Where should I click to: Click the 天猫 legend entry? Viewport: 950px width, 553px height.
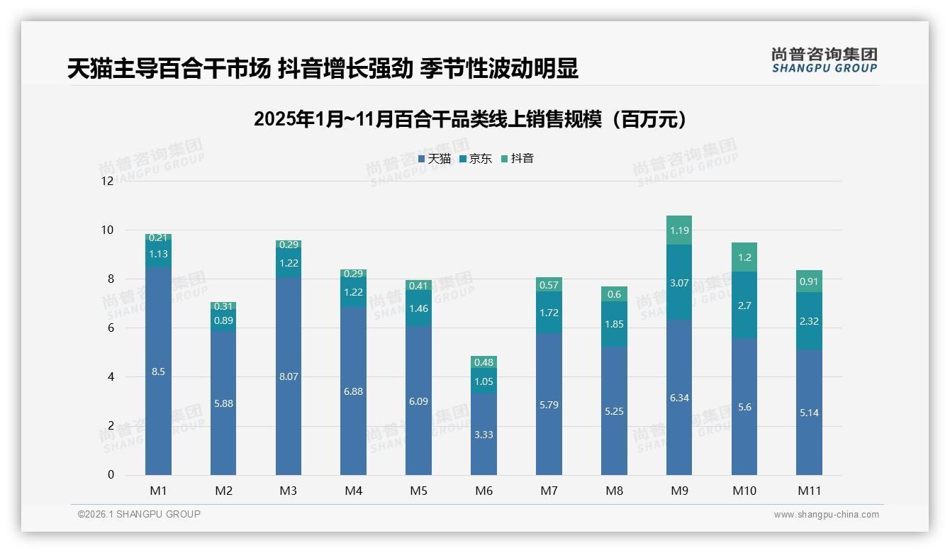435,159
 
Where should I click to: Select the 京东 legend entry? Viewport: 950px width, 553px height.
476,159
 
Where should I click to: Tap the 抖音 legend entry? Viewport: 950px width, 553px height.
518,159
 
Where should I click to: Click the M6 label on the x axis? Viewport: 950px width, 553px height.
484,490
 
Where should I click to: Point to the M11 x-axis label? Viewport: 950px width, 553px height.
809,490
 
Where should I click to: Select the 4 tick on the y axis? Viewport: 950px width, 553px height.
111,377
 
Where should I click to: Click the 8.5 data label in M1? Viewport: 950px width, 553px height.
158,372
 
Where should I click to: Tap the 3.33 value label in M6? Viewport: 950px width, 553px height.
484,435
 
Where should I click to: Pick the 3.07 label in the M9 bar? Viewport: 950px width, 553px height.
679,283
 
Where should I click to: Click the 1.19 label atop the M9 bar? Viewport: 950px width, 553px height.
679,230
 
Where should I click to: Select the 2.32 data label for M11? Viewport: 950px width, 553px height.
809,321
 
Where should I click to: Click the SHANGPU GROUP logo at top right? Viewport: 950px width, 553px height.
825,60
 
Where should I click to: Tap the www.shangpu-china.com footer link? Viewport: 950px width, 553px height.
826,515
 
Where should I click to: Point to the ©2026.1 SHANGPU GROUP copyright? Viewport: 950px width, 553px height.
139,514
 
